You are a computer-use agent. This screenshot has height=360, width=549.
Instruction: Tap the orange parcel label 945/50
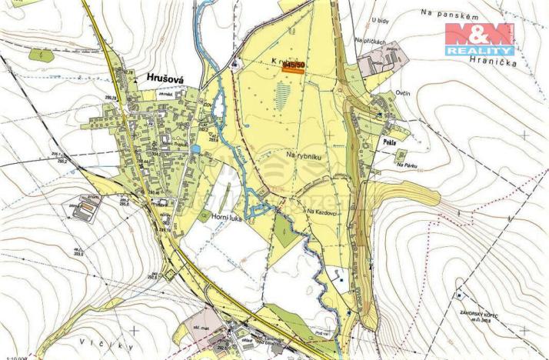(293, 67)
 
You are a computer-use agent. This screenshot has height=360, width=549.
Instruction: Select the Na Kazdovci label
(322, 212)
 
